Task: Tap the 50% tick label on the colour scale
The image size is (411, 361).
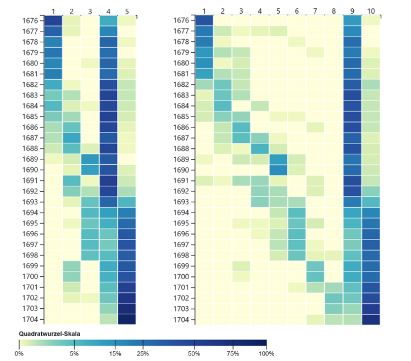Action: (x=195, y=353)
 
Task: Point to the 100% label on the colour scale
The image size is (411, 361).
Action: (x=266, y=353)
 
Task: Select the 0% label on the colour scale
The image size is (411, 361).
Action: (x=19, y=353)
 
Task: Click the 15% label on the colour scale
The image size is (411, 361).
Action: (x=115, y=353)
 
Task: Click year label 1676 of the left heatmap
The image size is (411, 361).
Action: (x=30, y=21)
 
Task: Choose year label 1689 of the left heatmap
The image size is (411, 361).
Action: (x=30, y=159)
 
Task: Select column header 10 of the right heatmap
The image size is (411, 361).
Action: (x=370, y=10)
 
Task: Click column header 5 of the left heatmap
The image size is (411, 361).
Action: (x=126, y=10)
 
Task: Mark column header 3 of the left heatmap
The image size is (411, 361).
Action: (x=90, y=10)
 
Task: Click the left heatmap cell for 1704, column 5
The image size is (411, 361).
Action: (x=126, y=319)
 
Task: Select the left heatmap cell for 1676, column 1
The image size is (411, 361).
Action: (x=53, y=21)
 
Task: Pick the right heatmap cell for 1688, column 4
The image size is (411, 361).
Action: (x=259, y=149)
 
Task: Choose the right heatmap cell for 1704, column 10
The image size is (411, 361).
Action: (x=370, y=319)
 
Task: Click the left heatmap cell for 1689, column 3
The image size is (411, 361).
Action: (x=90, y=159)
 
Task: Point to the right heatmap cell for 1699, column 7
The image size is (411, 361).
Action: (x=315, y=266)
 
